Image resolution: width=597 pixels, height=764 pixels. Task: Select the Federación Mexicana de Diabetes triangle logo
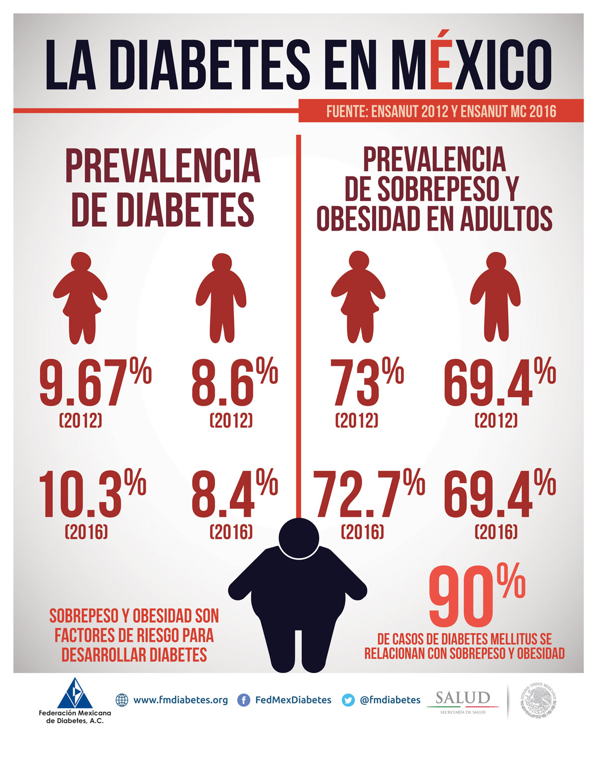tap(75, 693)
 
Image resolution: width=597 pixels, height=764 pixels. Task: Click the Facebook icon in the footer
tap(244, 700)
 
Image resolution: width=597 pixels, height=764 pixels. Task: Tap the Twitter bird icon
tap(348, 700)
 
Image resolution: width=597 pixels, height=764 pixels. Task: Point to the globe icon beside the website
tap(122, 700)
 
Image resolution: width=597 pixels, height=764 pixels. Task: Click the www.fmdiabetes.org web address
tap(181, 700)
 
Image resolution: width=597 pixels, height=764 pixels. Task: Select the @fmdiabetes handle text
tap(390, 700)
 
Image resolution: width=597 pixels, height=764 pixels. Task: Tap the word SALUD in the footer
tap(463, 698)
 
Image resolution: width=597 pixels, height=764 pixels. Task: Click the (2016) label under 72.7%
tap(362, 532)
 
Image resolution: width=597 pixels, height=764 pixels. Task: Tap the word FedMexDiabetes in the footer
tap(293, 700)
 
